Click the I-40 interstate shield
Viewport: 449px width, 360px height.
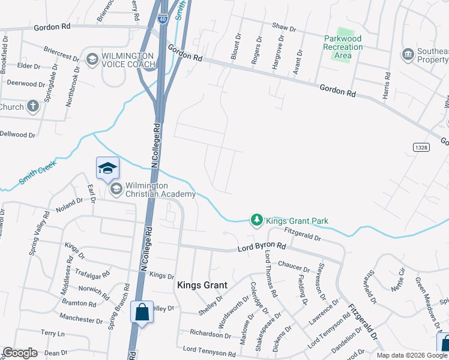[163, 19]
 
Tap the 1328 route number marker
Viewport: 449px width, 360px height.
[420, 146]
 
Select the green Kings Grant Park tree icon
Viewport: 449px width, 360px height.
[257, 221]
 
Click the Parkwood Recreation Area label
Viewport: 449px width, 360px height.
[342, 47]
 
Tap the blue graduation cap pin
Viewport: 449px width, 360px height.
[107, 168]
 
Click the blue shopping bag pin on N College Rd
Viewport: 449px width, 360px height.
[142, 313]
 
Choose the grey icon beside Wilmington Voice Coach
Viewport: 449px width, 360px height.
[92, 59]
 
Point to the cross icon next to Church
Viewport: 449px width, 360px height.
[33, 107]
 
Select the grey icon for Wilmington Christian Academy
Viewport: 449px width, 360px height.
[116, 190]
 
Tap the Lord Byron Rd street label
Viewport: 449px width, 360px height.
[262, 247]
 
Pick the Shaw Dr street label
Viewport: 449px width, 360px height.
[284, 28]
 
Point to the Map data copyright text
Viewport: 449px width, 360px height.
[412, 355]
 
